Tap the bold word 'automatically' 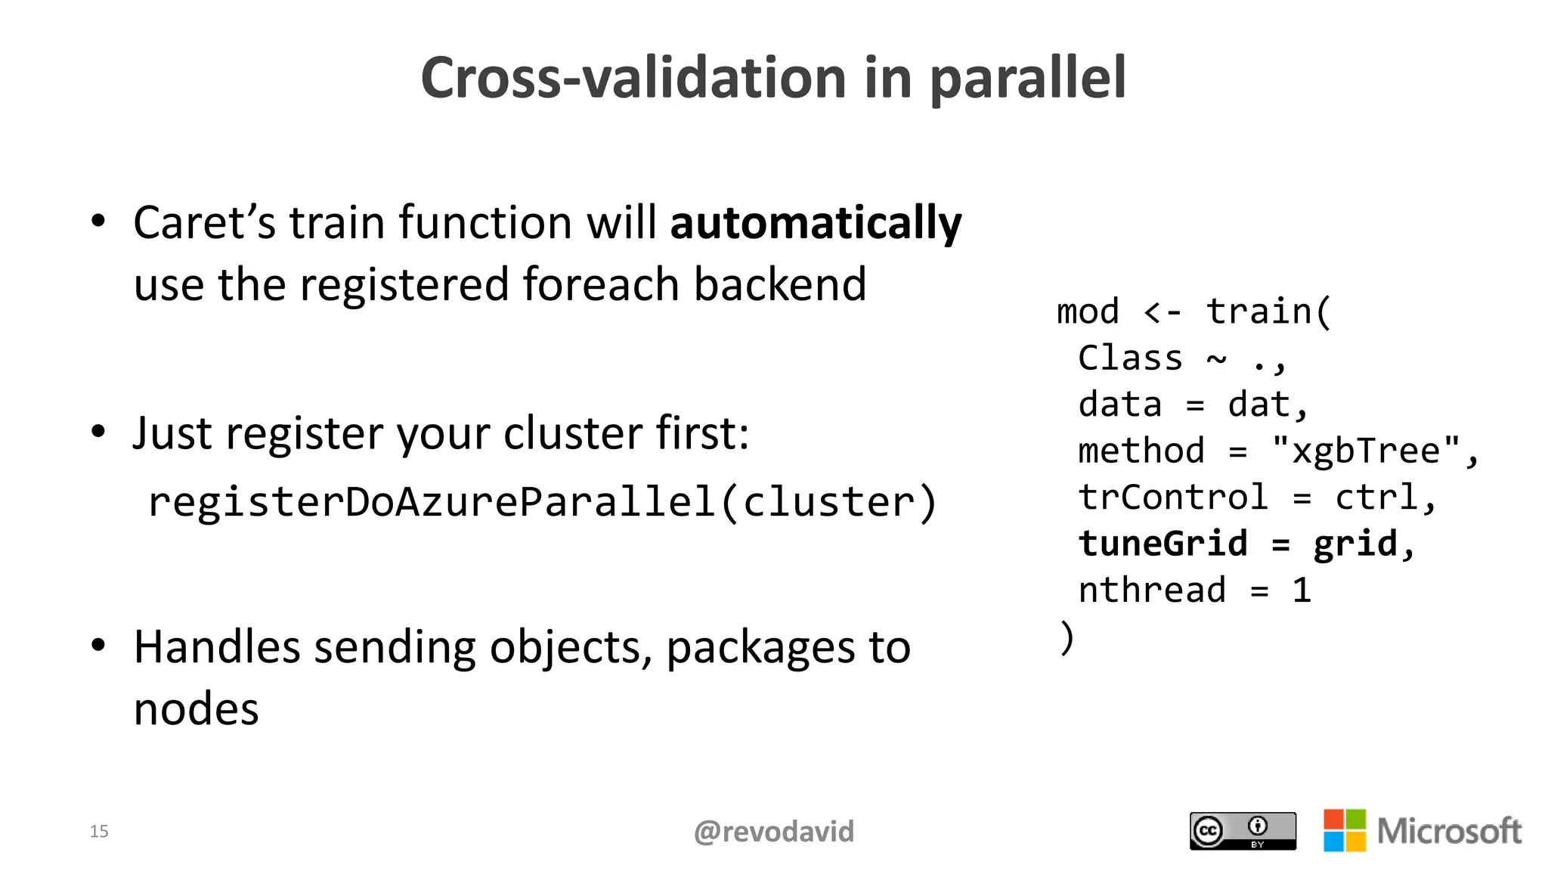coord(816,224)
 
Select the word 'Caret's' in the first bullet coord(204,224)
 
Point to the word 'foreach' coord(601,285)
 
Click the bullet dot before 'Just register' coord(98,432)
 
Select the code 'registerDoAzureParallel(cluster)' coord(542,502)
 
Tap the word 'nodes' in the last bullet coord(196,710)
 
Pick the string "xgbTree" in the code coord(1366,451)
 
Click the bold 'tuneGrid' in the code coord(1163,544)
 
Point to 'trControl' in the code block coord(1172,497)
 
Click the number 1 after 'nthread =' coord(1301,590)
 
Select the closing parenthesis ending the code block coord(1066,637)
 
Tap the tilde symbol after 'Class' coord(1216,358)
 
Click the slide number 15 coord(99,832)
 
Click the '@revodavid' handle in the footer coord(773,832)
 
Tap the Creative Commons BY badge coord(1242,831)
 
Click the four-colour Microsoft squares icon coord(1344,830)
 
